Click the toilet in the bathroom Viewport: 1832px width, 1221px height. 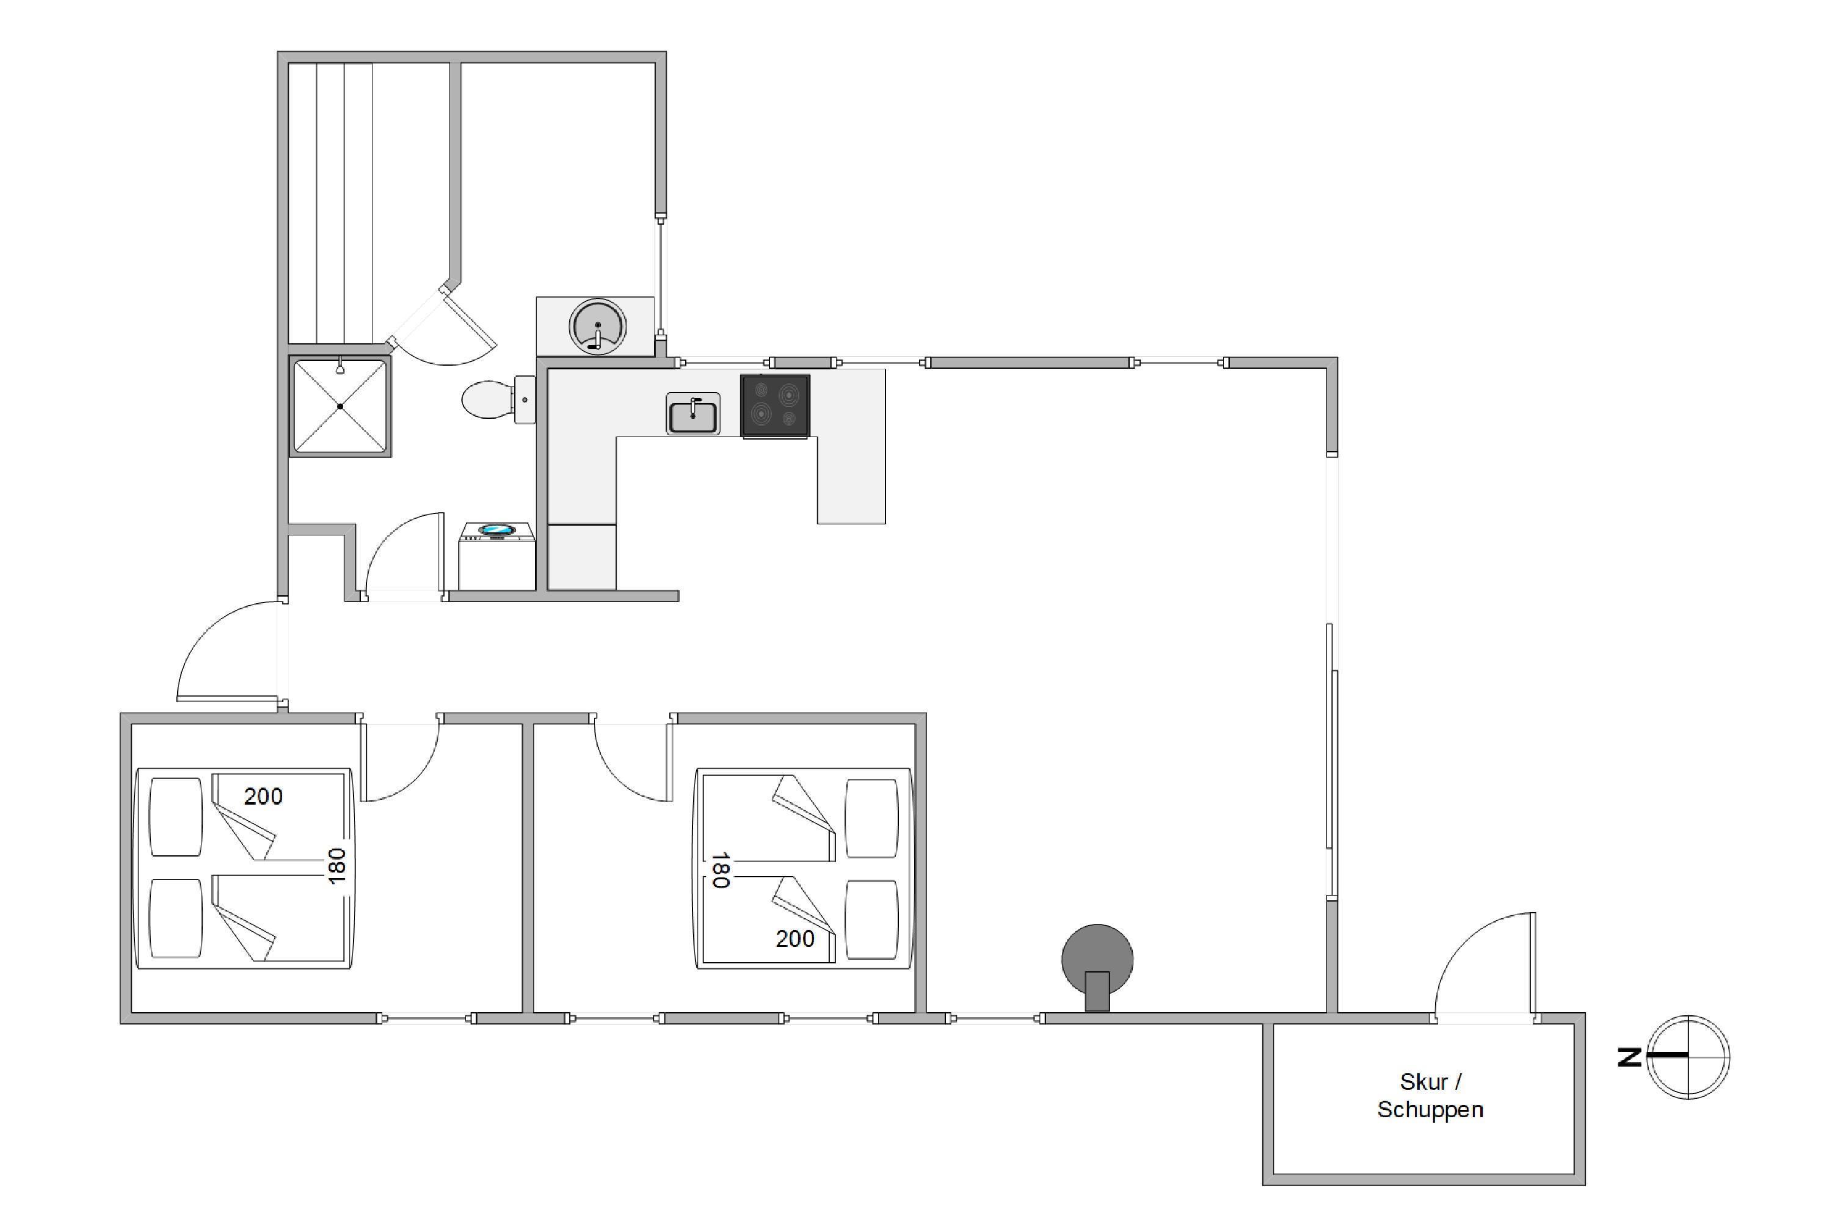[x=498, y=399]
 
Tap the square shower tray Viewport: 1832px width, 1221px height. [x=340, y=406]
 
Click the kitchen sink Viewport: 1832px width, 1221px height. [x=692, y=413]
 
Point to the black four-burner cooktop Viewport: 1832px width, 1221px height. [x=775, y=406]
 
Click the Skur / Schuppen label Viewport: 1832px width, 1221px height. [x=1430, y=1095]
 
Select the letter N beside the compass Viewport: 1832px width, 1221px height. [x=1629, y=1057]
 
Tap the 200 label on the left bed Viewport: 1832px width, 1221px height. [x=263, y=796]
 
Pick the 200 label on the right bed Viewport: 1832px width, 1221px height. [x=794, y=938]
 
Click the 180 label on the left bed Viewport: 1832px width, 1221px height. [x=336, y=865]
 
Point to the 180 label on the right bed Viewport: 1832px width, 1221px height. [x=720, y=870]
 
